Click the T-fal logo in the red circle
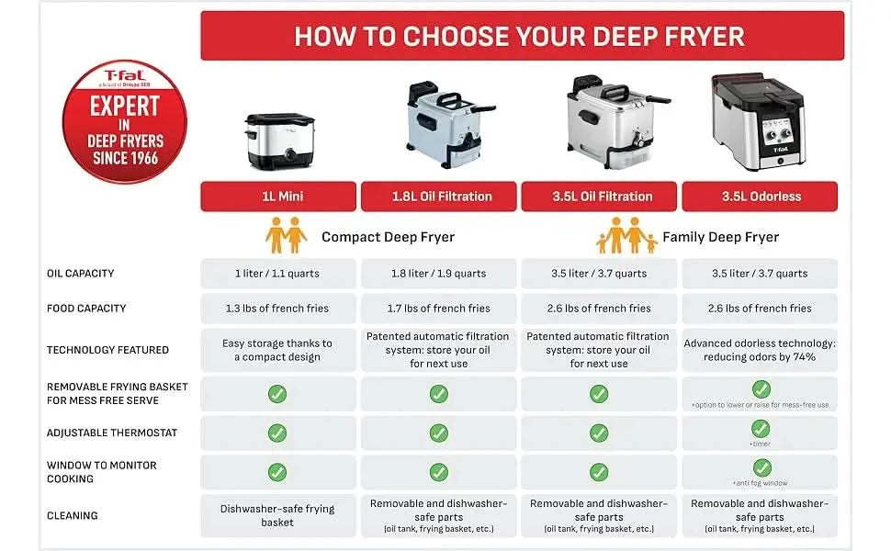(x=124, y=75)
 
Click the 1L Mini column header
(x=278, y=197)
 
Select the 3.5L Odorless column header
(x=760, y=197)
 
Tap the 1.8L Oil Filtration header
(x=439, y=197)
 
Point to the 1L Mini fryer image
(x=279, y=141)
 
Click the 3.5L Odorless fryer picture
(x=758, y=121)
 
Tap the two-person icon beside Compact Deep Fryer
(x=286, y=235)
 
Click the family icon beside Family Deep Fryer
(x=626, y=235)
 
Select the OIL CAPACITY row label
(x=80, y=274)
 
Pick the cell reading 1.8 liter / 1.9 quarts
(x=439, y=274)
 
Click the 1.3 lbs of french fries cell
(x=278, y=309)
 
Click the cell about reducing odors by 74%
(x=760, y=350)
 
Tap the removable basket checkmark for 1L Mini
(x=277, y=394)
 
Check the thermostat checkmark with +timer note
(x=761, y=428)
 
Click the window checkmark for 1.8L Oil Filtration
(x=439, y=472)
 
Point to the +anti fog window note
(x=760, y=483)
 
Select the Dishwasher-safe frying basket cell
(x=278, y=516)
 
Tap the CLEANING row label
(x=73, y=516)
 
